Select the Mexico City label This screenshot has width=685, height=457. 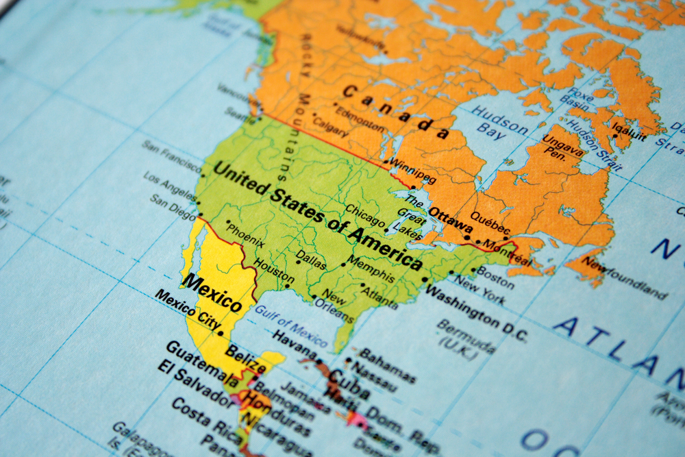pos(187,310)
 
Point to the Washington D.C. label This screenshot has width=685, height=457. pos(476,312)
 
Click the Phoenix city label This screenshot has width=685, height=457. pos(245,234)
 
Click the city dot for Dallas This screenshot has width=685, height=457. pos(298,261)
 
